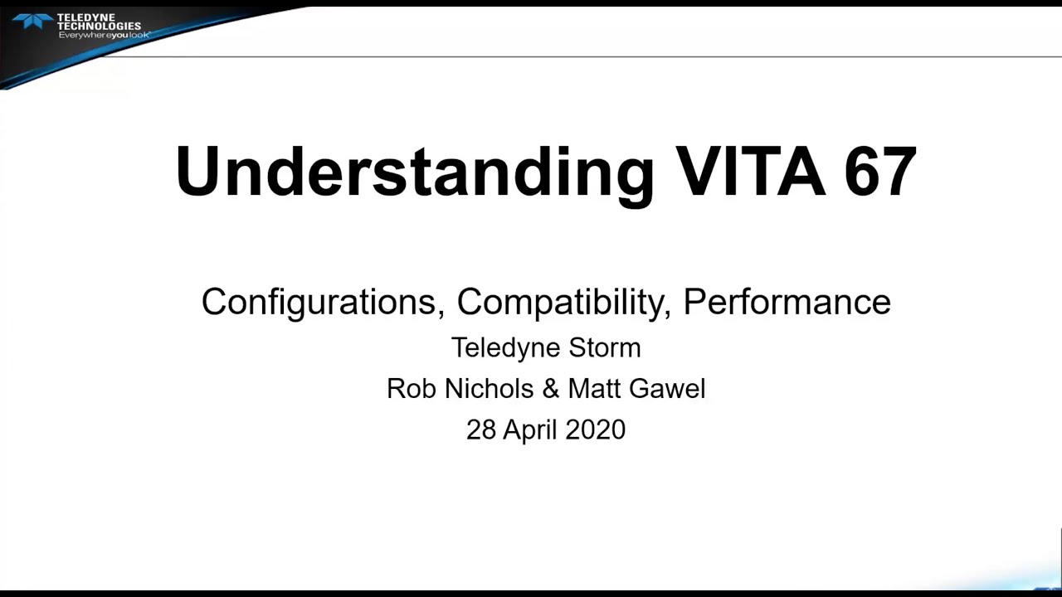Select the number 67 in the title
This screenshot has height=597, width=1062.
point(880,172)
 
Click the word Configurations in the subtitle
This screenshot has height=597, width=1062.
point(319,302)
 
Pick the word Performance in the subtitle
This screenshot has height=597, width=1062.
point(787,302)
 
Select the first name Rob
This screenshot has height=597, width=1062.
point(411,388)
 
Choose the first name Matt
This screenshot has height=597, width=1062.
point(597,388)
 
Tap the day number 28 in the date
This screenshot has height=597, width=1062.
point(481,430)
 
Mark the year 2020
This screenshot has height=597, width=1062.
point(595,430)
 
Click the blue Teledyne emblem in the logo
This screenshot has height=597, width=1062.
point(32,21)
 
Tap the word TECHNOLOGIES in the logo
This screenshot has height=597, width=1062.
point(99,26)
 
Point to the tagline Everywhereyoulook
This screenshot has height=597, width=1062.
point(104,35)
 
